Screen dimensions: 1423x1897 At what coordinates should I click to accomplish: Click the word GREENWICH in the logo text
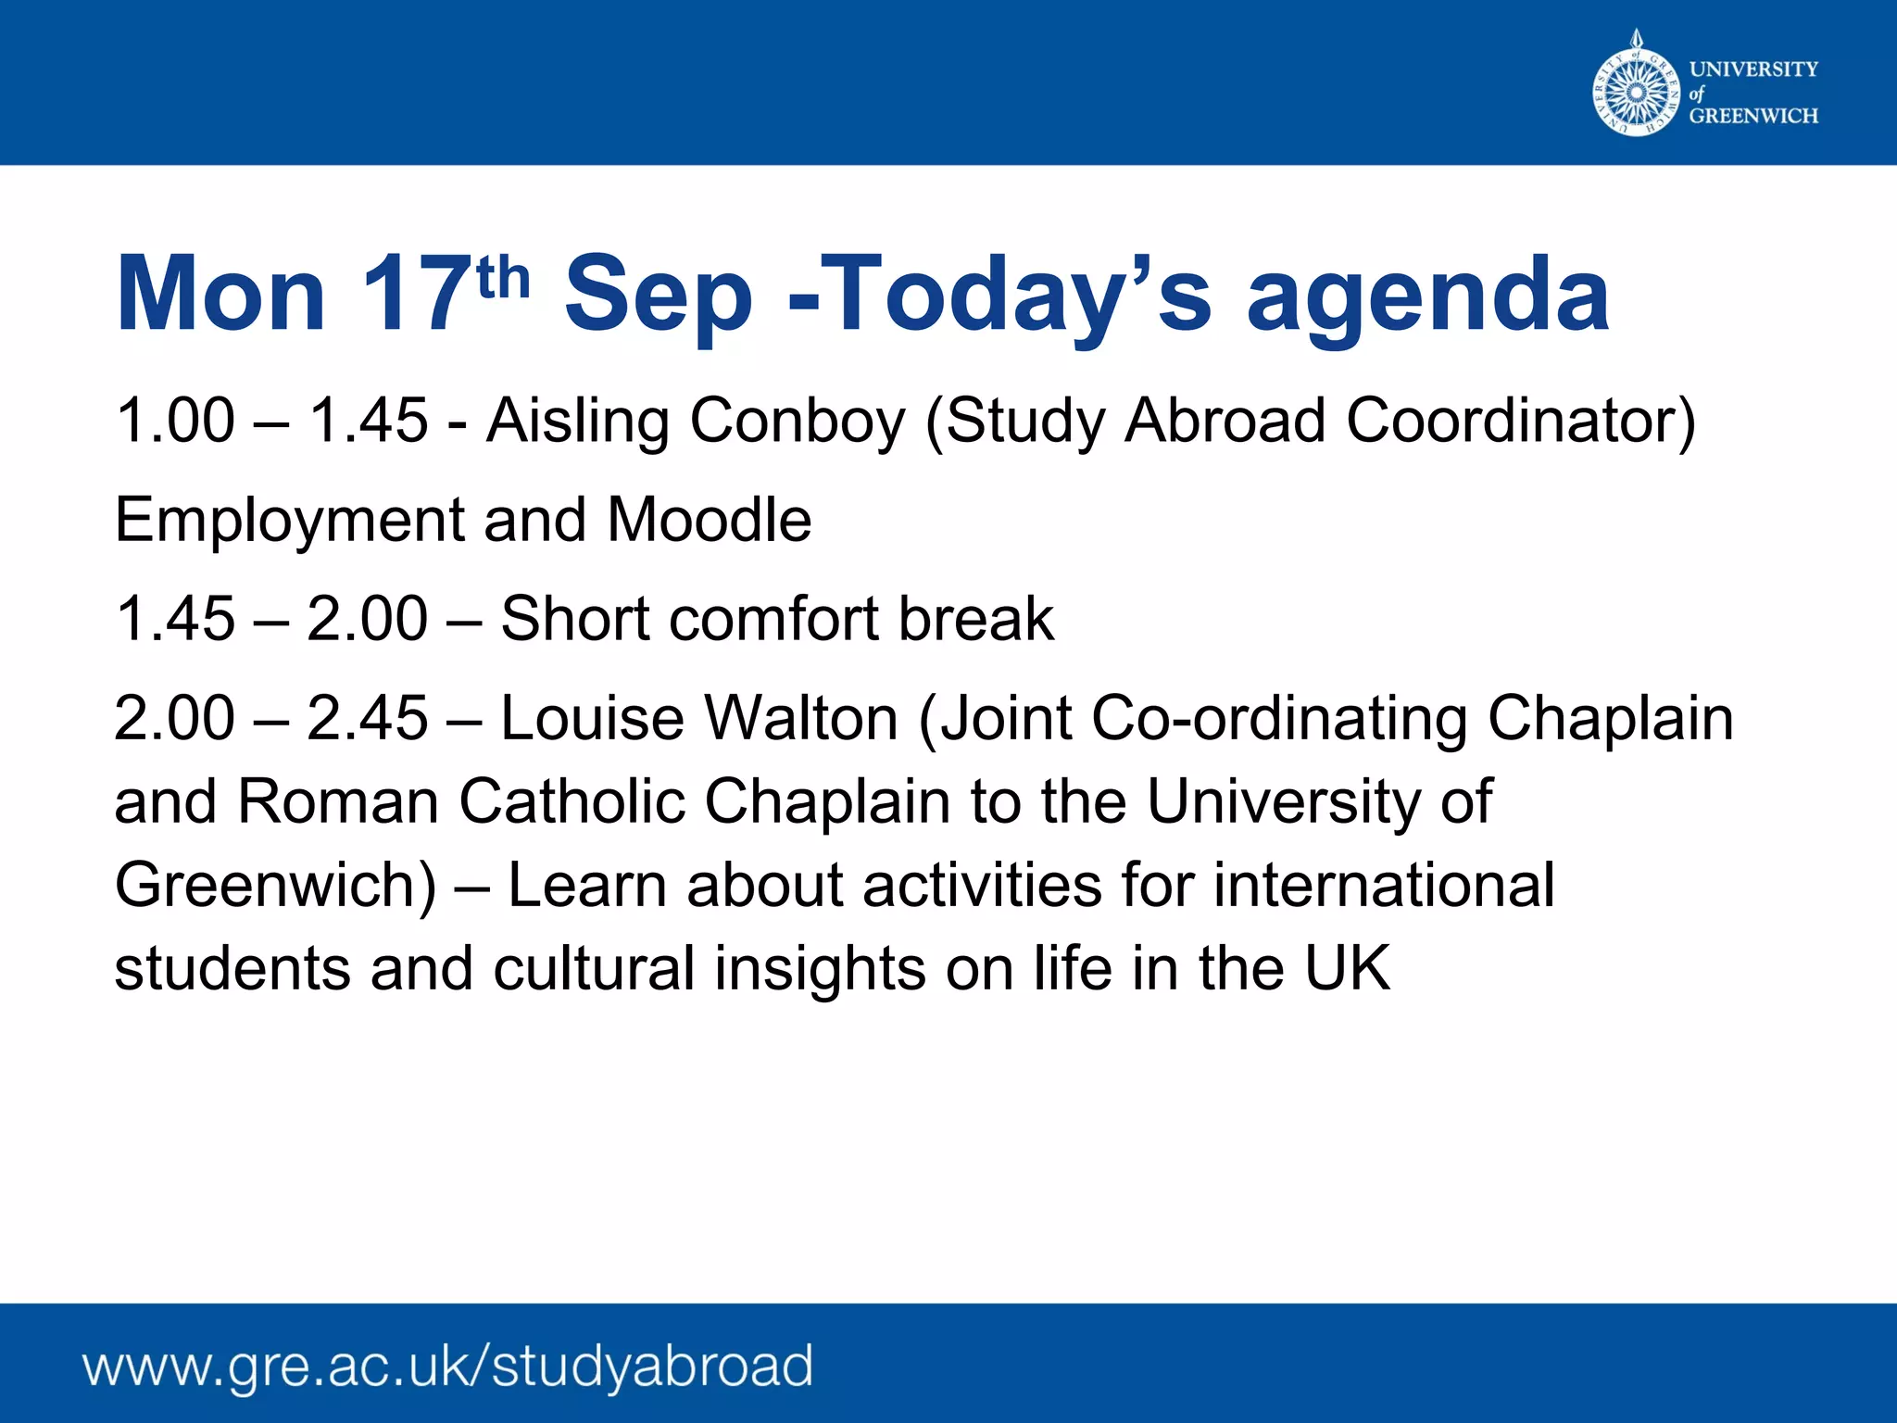click(1753, 116)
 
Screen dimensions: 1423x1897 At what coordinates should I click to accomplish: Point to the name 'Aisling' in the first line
click(577, 422)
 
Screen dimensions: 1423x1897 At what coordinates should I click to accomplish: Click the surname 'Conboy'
click(797, 422)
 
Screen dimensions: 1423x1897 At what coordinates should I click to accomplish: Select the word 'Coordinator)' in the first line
click(1520, 422)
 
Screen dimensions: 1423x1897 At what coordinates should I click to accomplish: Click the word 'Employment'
click(289, 521)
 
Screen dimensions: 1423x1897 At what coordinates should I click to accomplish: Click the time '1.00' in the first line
click(175, 422)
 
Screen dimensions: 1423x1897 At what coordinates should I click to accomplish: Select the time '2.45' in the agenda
click(367, 718)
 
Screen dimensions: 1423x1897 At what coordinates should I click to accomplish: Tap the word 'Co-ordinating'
click(1279, 720)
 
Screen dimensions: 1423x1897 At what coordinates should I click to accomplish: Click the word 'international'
click(1384, 885)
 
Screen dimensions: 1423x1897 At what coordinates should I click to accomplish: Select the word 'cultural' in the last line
click(594, 968)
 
